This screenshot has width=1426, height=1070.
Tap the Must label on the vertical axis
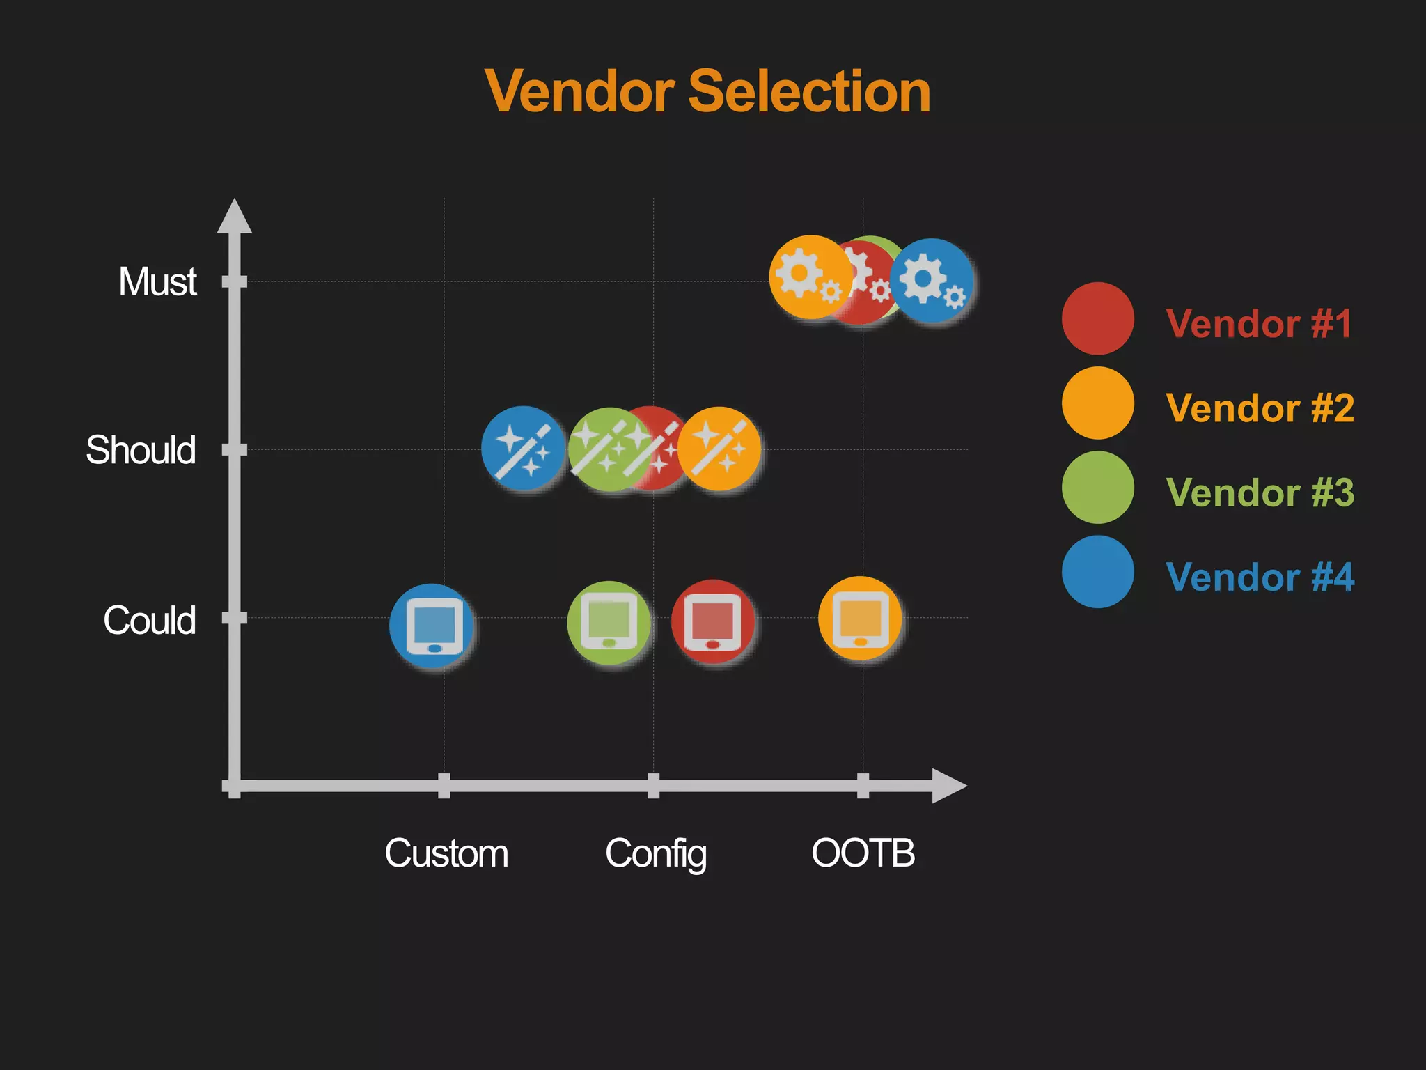coord(158,281)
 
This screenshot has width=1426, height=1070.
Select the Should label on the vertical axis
coord(141,449)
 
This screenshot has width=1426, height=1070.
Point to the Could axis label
coord(149,619)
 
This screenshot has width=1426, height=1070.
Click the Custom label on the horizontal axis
coord(446,853)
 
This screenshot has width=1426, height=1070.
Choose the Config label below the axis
coord(656,853)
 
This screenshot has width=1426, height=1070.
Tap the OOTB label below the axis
coord(863,853)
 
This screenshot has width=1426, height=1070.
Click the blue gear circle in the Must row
coord(932,281)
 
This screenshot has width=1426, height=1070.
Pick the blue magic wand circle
coord(523,449)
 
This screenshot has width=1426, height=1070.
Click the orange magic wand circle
coord(719,449)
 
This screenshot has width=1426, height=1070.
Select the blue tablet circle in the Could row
coord(432,626)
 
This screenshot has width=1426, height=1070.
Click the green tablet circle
coord(609,622)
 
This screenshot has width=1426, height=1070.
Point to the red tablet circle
coord(712,621)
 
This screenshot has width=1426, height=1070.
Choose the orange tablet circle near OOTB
coord(860,618)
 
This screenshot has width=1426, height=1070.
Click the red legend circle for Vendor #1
coord(1097,318)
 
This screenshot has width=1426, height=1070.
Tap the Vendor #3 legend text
coord(1260,493)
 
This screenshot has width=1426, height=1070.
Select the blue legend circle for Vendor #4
coord(1097,572)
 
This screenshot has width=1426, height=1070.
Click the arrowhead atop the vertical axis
coord(234,217)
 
